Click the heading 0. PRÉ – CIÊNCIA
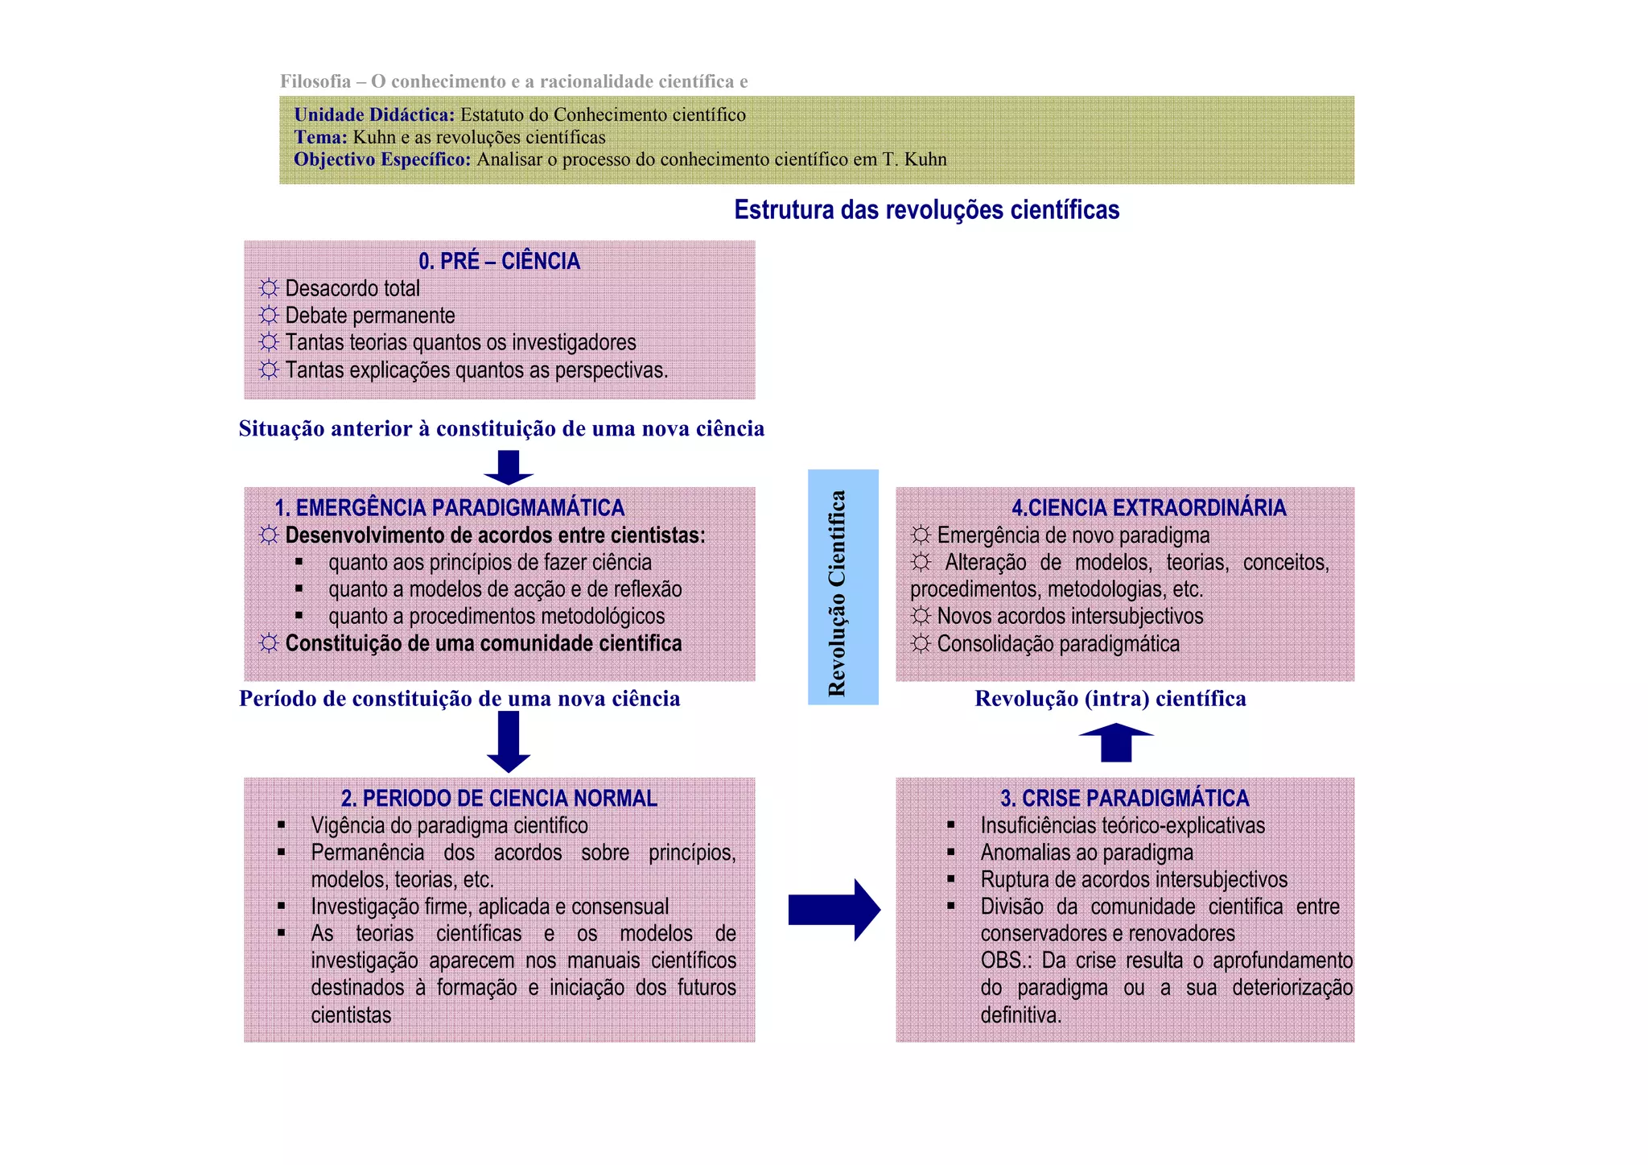pyautogui.click(x=499, y=261)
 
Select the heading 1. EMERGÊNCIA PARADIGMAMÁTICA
pyautogui.click(x=449, y=508)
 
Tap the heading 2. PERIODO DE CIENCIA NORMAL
pyautogui.click(x=499, y=798)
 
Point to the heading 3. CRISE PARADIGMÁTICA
pyautogui.click(x=1124, y=798)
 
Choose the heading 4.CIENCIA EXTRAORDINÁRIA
pyautogui.click(x=1148, y=508)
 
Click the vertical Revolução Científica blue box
pyautogui.click(x=843, y=587)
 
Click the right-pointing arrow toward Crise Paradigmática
pyautogui.click(x=834, y=910)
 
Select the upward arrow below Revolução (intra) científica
pyautogui.click(x=1116, y=742)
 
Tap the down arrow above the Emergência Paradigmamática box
pyautogui.click(x=509, y=467)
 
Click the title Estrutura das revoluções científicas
pyautogui.click(x=926, y=210)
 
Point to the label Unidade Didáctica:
pyautogui.click(x=374, y=115)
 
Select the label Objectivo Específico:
pyautogui.click(x=382, y=159)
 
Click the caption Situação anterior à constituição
pyautogui.click(x=501, y=428)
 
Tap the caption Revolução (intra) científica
pyautogui.click(x=1110, y=698)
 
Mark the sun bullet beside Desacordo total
pyautogui.click(x=269, y=288)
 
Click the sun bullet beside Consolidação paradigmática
pyautogui.click(x=921, y=644)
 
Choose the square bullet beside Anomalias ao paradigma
pyautogui.click(x=951, y=852)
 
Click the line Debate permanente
pyautogui.click(x=369, y=316)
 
